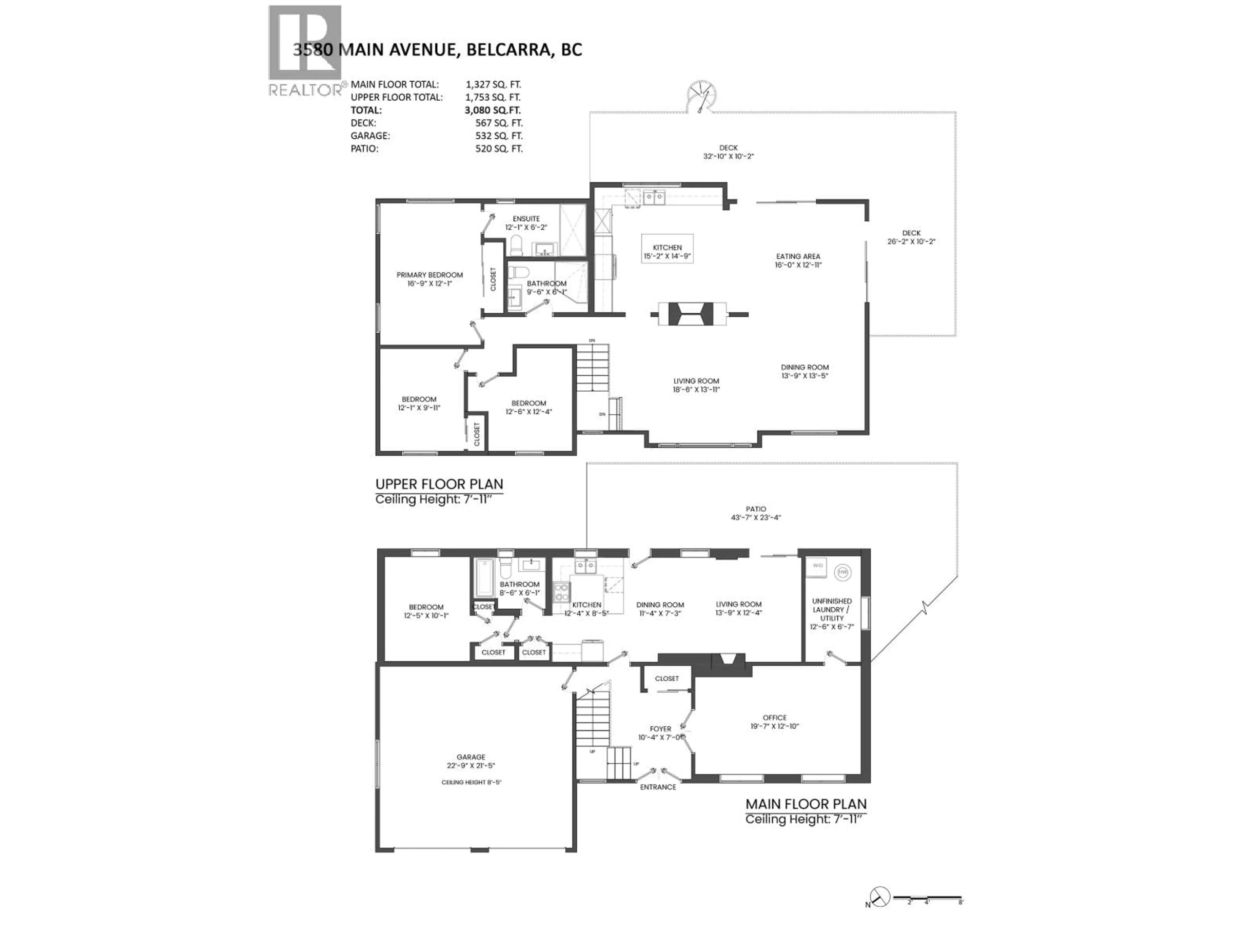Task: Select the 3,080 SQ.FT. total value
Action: pyautogui.click(x=492, y=110)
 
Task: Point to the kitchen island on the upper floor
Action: pyautogui.click(x=667, y=248)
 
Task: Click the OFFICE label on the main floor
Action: pyautogui.click(x=774, y=718)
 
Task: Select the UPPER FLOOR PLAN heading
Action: pyautogui.click(x=439, y=484)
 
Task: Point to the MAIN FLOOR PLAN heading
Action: pyautogui.click(x=806, y=804)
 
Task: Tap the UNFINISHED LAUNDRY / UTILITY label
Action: pyautogui.click(x=832, y=610)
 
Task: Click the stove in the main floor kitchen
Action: pyautogui.click(x=561, y=593)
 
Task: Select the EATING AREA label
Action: pyautogui.click(x=798, y=256)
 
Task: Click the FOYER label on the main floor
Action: pyautogui.click(x=660, y=729)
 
